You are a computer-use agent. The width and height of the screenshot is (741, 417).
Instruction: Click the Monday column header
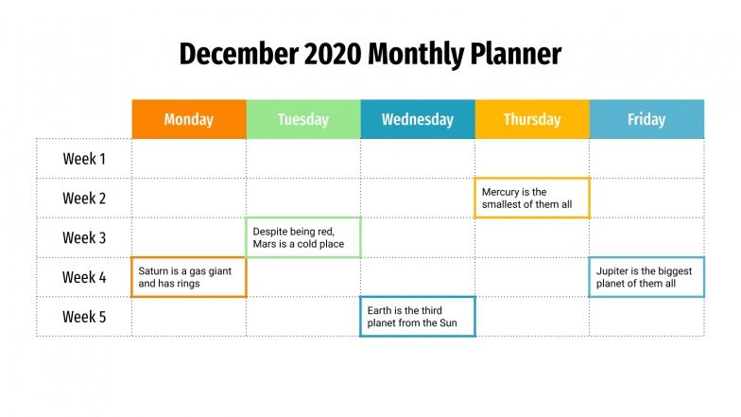click(189, 119)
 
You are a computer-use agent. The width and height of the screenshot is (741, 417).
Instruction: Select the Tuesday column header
click(303, 119)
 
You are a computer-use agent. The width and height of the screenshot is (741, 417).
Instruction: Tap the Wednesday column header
click(418, 119)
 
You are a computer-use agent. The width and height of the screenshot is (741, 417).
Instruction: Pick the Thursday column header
click(532, 119)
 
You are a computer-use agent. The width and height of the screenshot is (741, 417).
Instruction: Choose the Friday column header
click(646, 119)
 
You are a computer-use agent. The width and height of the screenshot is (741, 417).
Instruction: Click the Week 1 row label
click(85, 159)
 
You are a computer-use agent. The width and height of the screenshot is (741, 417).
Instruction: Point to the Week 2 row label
click(85, 199)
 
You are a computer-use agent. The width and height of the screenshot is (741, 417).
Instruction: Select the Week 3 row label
click(85, 237)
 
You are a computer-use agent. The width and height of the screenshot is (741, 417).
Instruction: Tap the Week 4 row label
click(85, 277)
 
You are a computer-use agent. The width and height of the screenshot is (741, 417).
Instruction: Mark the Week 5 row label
click(85, 317)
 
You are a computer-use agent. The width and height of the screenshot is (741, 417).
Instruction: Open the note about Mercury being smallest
click(532, 199)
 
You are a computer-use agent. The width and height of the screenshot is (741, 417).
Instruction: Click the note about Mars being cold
click(303, 237)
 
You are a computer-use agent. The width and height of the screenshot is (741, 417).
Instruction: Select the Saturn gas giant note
click(189, 277)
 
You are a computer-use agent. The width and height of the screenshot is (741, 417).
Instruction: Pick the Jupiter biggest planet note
click(646, 277)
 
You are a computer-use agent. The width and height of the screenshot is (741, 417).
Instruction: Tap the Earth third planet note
click(418, 317)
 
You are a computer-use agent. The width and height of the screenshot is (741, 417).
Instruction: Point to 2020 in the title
click(333, 54)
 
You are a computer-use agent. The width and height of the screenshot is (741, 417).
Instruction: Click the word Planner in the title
click(515, 54)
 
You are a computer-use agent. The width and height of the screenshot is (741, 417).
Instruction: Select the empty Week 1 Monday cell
click(189, 159)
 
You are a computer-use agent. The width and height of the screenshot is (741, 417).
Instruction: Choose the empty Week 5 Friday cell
click(646, 317)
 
